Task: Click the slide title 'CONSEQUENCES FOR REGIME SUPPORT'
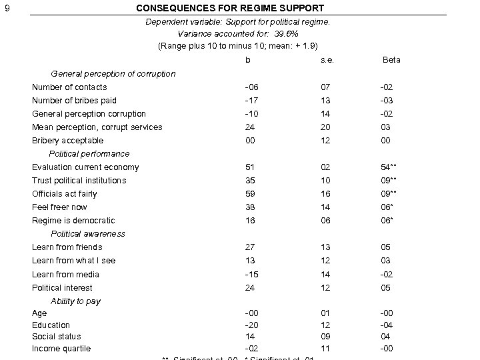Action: pos(230,9)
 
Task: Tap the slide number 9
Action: pos(7,9)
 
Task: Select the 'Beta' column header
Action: pos(391,60)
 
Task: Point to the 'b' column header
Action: pos(248,60)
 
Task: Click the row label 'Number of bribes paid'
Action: pos(74,101)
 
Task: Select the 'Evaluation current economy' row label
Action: pos(85,167)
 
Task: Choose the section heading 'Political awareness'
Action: pos(87,234)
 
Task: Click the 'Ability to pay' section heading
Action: pos(75,301)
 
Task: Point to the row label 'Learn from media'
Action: pos(65,275)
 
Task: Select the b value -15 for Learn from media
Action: pos(250,275)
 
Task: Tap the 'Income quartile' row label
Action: pos(61,349)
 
